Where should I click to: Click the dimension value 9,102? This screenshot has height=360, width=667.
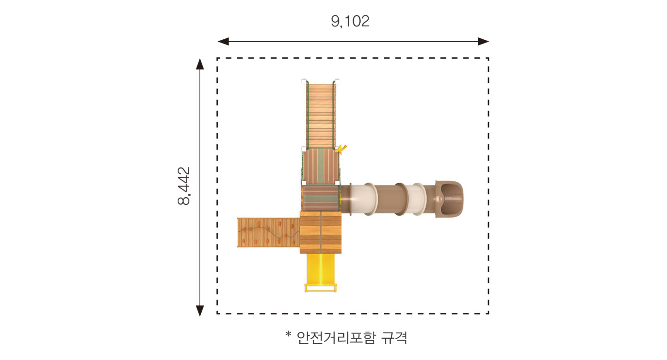point(350,21)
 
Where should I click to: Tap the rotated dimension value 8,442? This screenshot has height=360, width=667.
point(184,186)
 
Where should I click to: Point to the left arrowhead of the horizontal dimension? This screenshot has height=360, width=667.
point(223,41)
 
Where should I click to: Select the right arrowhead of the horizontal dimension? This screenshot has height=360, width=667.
point(483,41)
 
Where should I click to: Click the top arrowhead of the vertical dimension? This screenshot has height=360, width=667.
point(200,64)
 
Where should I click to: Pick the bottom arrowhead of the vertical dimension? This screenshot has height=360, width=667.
point(200,311)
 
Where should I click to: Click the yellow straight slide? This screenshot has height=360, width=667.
point(321,269)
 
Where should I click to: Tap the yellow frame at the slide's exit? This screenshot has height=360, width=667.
point(321,288)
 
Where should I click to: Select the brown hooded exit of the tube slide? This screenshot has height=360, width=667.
point(449,199)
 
